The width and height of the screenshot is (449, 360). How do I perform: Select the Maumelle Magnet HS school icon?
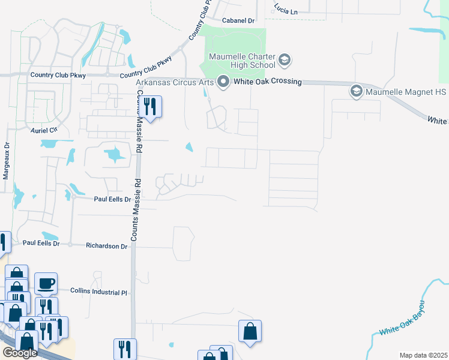356,91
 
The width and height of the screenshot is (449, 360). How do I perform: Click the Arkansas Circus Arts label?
175,82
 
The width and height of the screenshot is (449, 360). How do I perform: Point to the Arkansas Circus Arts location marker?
223,82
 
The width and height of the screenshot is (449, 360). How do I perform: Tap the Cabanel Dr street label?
238,20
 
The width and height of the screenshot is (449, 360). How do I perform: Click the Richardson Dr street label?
107,246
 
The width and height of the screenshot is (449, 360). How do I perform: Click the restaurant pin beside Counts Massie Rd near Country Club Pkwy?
150,107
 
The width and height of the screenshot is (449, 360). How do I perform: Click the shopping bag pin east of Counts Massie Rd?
250,332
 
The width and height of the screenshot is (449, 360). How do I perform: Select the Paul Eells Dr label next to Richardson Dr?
41,243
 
